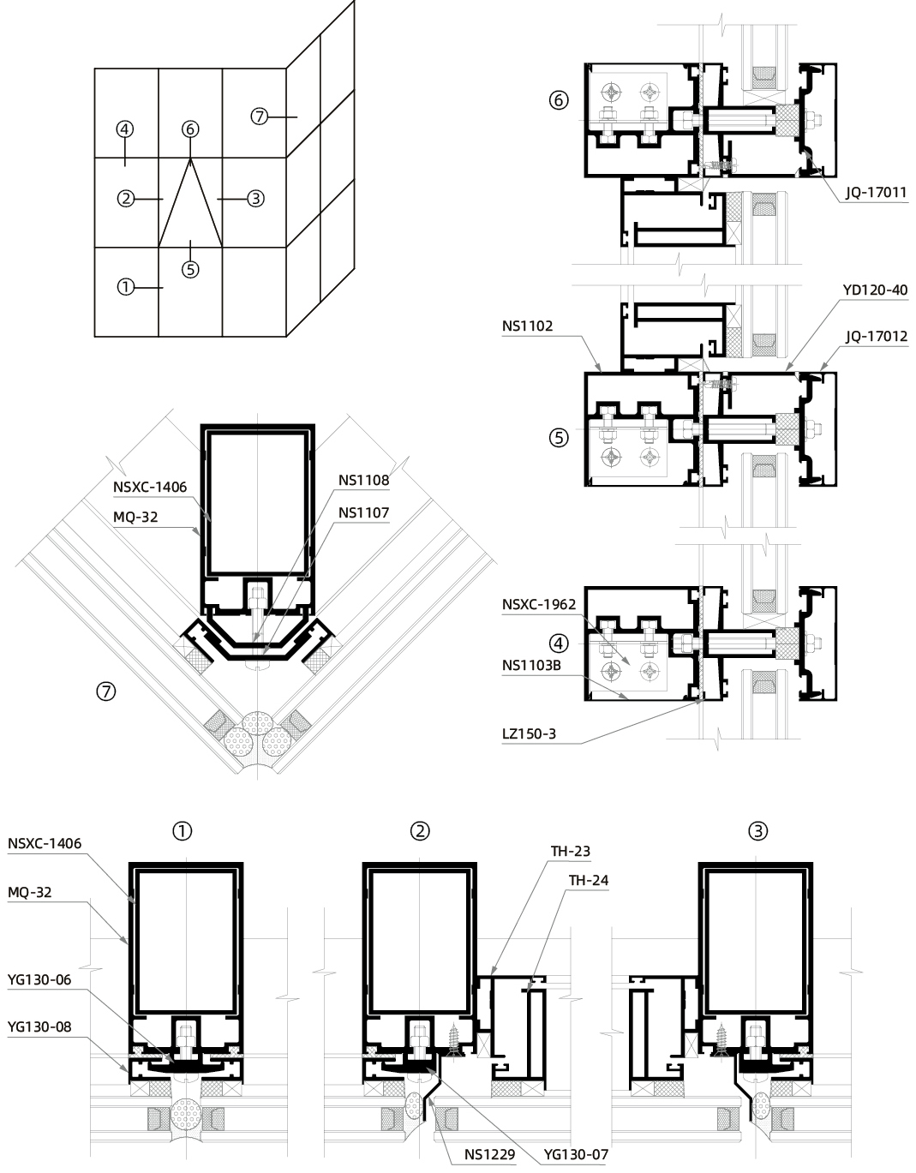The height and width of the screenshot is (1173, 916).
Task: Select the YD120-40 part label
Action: tap(875, 290)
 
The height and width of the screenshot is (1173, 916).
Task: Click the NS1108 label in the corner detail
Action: tap(363, 481)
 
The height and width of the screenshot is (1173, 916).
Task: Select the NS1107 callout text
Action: tap(363, 512)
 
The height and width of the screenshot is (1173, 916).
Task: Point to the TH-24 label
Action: tap(589, 880)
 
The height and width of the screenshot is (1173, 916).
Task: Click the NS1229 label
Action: tap(489, 1154)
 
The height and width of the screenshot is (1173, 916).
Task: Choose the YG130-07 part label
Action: tap(575, 1154)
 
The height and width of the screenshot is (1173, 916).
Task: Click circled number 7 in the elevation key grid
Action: tap(260, 116)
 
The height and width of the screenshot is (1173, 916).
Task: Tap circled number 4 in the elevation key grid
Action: tap(125, 129)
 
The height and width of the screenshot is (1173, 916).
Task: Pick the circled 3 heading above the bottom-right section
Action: tap(757, 830)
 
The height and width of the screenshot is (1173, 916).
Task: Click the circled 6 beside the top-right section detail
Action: tap(558, 100)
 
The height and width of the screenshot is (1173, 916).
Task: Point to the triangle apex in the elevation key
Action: tap(190, 158)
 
